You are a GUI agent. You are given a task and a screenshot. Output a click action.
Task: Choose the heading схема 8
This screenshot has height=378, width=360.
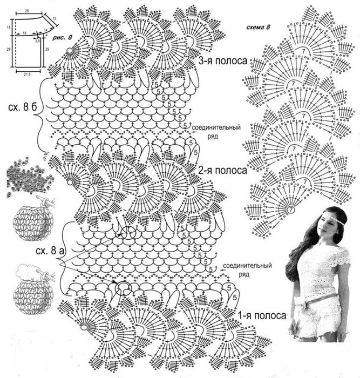tap(258, 28)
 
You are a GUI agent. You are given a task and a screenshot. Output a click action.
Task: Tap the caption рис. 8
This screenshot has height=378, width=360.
tap(62, 37)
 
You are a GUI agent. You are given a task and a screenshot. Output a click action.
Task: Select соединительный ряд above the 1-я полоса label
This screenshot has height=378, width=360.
tap(246, 270)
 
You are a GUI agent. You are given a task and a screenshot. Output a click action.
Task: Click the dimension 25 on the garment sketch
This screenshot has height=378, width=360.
tap(26, 10)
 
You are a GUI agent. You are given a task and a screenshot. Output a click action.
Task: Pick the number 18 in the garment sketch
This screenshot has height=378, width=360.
tap(24, 32)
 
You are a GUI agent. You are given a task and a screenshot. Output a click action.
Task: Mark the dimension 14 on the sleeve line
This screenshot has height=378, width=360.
tap(45, 30)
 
